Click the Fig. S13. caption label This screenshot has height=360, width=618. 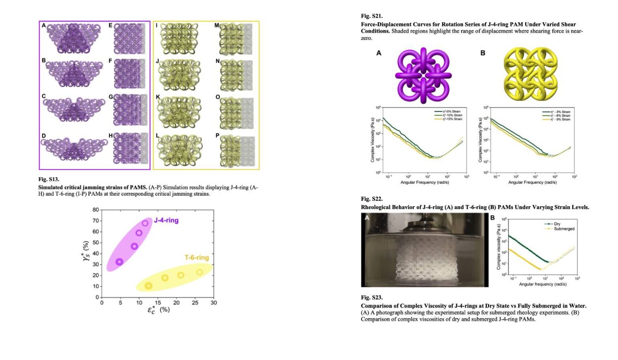[x=49, y=179]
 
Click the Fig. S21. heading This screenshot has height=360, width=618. [x=371, y=16]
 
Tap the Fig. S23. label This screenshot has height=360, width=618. [x=371, y=297]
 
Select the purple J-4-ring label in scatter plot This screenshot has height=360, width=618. [x=166, y=220]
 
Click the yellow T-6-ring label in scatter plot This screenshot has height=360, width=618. [x=197, y=257]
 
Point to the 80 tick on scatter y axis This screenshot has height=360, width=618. [x=96, y=210]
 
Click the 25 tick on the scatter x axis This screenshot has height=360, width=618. [x=195, y=303]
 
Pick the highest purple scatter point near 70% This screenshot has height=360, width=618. [x=145, y=223]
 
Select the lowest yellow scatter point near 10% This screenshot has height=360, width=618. [x=148, y=286]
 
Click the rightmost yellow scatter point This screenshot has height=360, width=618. [x=200, y=272]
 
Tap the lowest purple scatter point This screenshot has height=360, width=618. [x=119, y=262]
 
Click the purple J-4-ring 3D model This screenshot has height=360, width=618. [x=423, y=75]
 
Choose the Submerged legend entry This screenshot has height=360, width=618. [x=564, y=229]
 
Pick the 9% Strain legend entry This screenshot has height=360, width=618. [x=560, y=119]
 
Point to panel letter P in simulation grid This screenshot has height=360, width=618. [x=217, y=136]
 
